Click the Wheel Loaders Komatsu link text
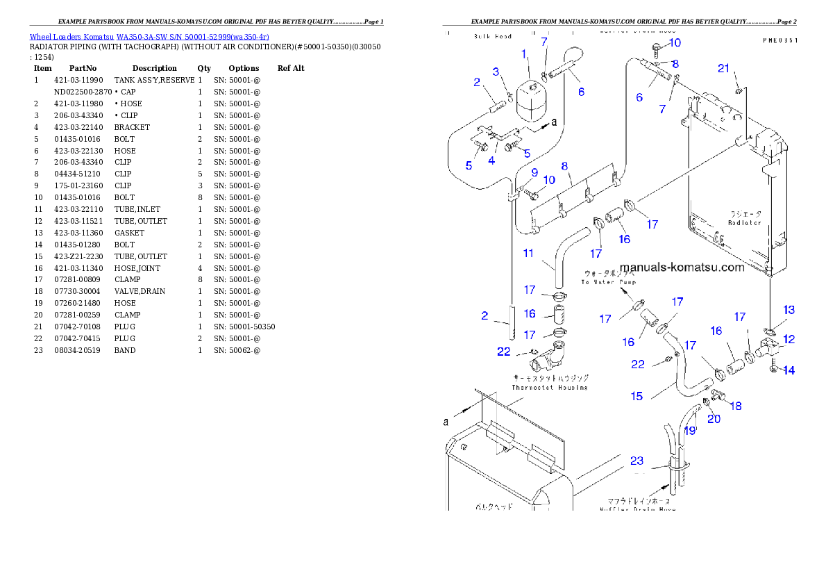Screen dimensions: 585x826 [149, 37]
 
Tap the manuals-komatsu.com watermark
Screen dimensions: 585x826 [682, 267]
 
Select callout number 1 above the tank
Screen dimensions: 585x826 [525, 53]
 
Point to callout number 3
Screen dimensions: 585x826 [496, 72]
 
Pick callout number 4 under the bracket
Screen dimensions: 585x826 [491, 160]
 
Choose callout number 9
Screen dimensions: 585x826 [534, 172]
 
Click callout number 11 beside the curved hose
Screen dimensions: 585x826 [528, 254]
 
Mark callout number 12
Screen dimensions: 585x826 [789, 340]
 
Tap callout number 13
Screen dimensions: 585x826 [789, 310]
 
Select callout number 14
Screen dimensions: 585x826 [789, 370]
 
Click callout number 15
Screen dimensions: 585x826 [637, 396]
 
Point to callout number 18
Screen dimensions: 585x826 [736, 406]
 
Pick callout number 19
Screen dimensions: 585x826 [689, 431]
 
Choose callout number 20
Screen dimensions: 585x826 [714, 419]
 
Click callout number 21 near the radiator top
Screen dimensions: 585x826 [724, 68]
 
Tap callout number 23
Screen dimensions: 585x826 [637, 460]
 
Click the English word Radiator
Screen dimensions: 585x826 [744, 223]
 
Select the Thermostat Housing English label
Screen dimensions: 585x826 [550, 388]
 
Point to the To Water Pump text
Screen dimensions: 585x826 [608, 283]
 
